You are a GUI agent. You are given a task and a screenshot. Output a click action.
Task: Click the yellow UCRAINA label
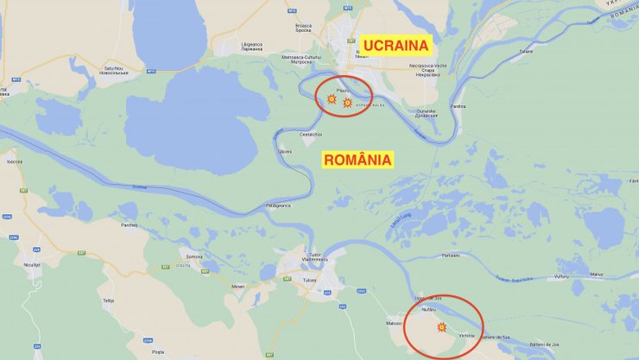point(395,44)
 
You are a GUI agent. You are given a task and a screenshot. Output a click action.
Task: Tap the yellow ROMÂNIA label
point(357,160)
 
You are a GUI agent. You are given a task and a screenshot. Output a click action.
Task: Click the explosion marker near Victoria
point(441,327)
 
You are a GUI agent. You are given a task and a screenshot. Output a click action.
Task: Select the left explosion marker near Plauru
point(332,99)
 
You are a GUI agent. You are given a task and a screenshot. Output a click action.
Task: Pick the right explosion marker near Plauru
point(347,103)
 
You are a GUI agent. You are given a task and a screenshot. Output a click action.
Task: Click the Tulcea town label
point(309,280)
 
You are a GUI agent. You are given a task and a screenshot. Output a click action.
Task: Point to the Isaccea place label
point(14,161)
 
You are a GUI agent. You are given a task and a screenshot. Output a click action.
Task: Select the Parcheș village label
point(130,225)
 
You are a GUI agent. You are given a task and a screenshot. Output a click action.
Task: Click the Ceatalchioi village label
point(310,135)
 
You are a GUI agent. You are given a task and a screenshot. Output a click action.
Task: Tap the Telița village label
point(108,300)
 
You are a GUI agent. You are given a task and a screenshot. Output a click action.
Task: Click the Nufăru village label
point(429,307)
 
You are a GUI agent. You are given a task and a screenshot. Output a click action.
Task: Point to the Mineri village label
point(238,287)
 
